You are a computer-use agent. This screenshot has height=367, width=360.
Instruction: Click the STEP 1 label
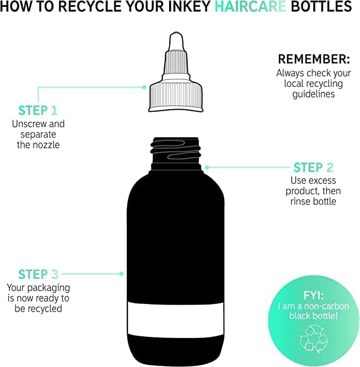(x=38, y=110)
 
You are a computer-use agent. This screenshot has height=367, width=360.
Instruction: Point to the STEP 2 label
(x=313, y=168)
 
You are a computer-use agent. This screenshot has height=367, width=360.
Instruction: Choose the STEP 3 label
(x=38, y=274)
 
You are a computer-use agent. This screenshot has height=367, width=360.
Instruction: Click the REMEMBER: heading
(x=314, y=59)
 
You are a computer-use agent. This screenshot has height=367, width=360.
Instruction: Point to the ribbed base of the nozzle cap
(x=174, y=98)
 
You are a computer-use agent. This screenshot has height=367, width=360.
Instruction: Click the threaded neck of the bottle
(x=175, y=150)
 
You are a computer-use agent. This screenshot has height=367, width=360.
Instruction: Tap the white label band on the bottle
(x=175, y=318)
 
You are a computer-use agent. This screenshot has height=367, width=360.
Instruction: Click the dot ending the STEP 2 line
(x=207, y=167)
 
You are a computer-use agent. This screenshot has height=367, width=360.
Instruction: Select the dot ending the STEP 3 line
(x=122, y=274)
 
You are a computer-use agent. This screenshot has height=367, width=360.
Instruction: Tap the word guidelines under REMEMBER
(x=314, y=94)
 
